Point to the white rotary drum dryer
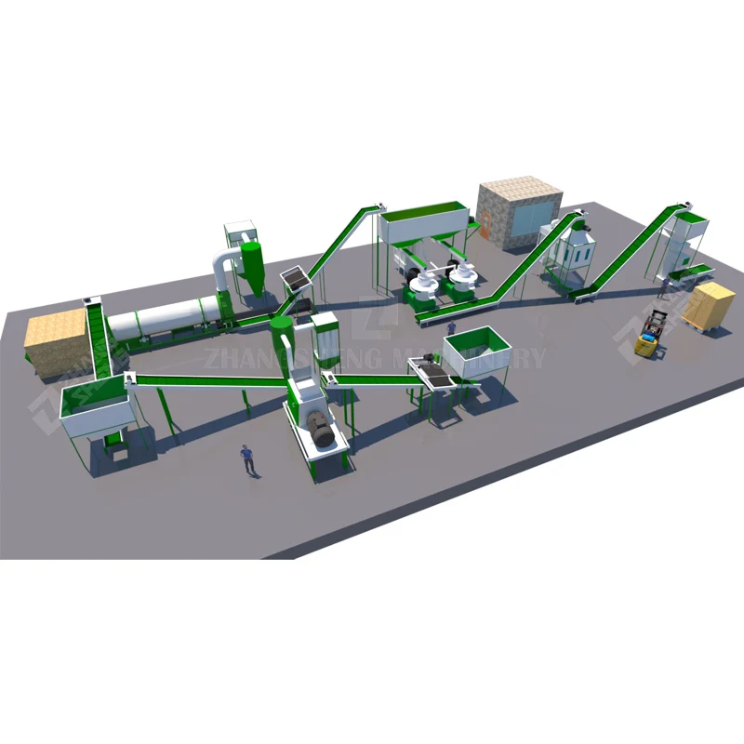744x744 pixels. click(163, 319)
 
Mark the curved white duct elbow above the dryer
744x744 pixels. click(221, 264)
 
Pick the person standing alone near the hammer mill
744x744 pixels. click(247, 458)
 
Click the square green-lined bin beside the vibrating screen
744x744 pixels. click(477, 352)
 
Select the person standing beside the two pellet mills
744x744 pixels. click(451, 328)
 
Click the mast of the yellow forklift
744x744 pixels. click(658, 325)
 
